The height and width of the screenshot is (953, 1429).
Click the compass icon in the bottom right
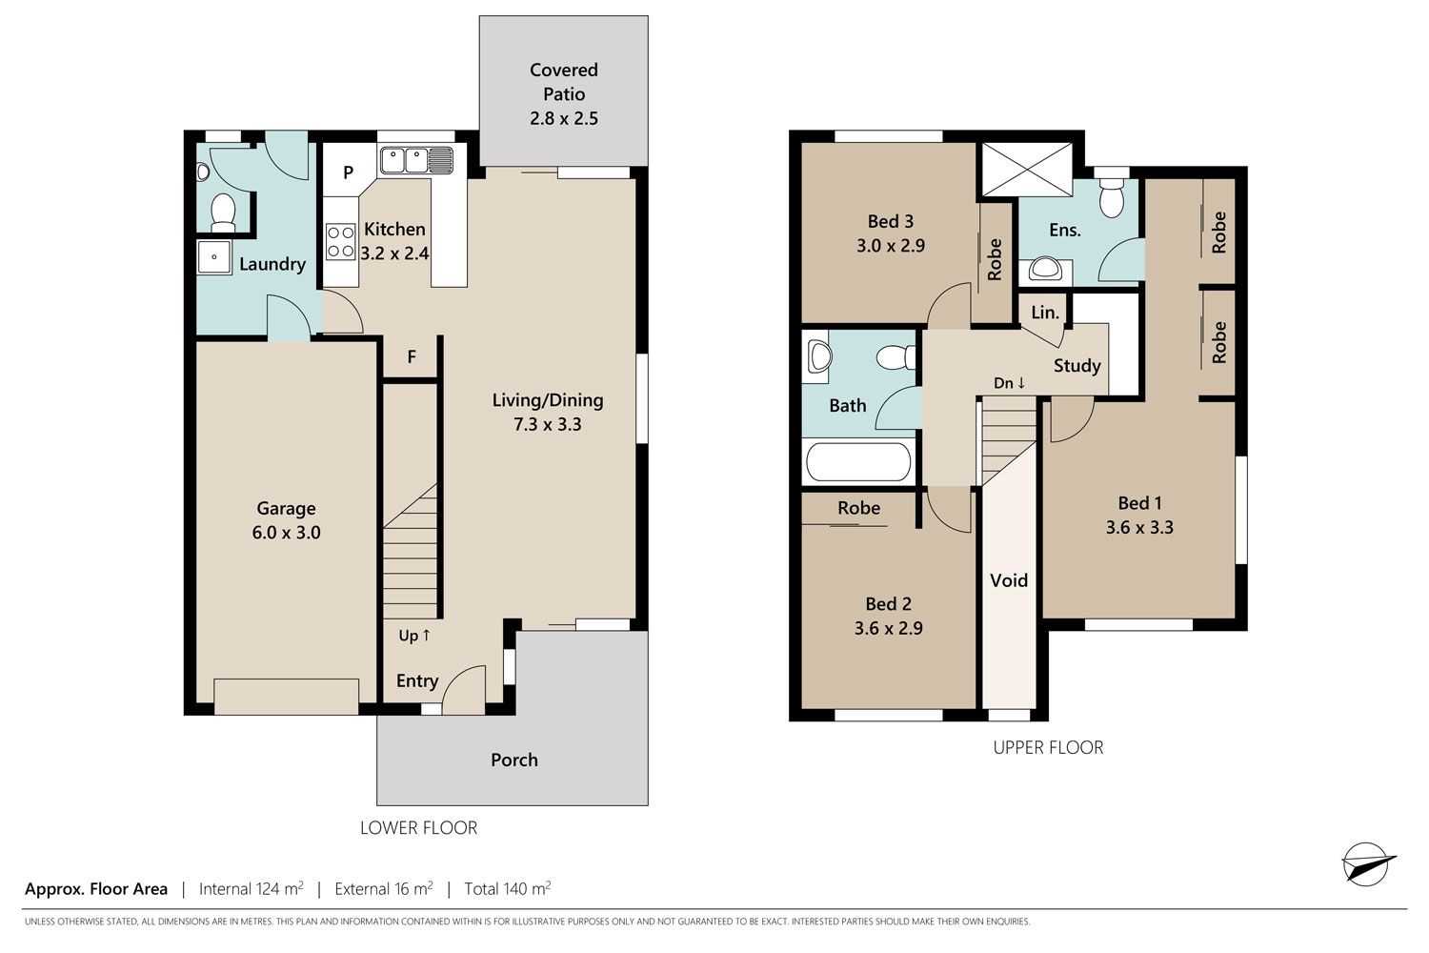(x=1368, y=864)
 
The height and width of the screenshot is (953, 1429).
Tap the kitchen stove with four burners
(x=341, y=242)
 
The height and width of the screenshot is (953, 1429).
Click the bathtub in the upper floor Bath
(x=858, y=462)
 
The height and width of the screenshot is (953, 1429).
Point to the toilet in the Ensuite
(x=1112, y=196)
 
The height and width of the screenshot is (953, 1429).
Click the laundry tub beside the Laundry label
(x=213, y=257)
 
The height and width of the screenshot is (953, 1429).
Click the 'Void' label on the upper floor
(x=1009, y=580)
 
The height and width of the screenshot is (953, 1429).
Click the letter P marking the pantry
(x=349, y=172)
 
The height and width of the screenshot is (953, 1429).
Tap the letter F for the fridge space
(x=413, y=356)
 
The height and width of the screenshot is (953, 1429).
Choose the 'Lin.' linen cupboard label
(x=1045, y=313)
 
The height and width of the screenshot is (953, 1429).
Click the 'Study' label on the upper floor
(x=1077, y=366)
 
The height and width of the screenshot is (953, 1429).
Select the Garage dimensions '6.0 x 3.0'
(x=286, y=533)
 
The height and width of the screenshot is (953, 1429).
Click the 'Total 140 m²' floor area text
(x=507, y=888)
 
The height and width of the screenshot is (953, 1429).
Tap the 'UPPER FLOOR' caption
(x=1048, y=747)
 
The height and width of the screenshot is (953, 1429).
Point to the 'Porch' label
(x=514, y=760)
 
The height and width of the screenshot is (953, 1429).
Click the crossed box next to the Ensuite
(x=1026, y=169)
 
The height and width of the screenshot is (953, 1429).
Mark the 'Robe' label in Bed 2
(x=858, y=508)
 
